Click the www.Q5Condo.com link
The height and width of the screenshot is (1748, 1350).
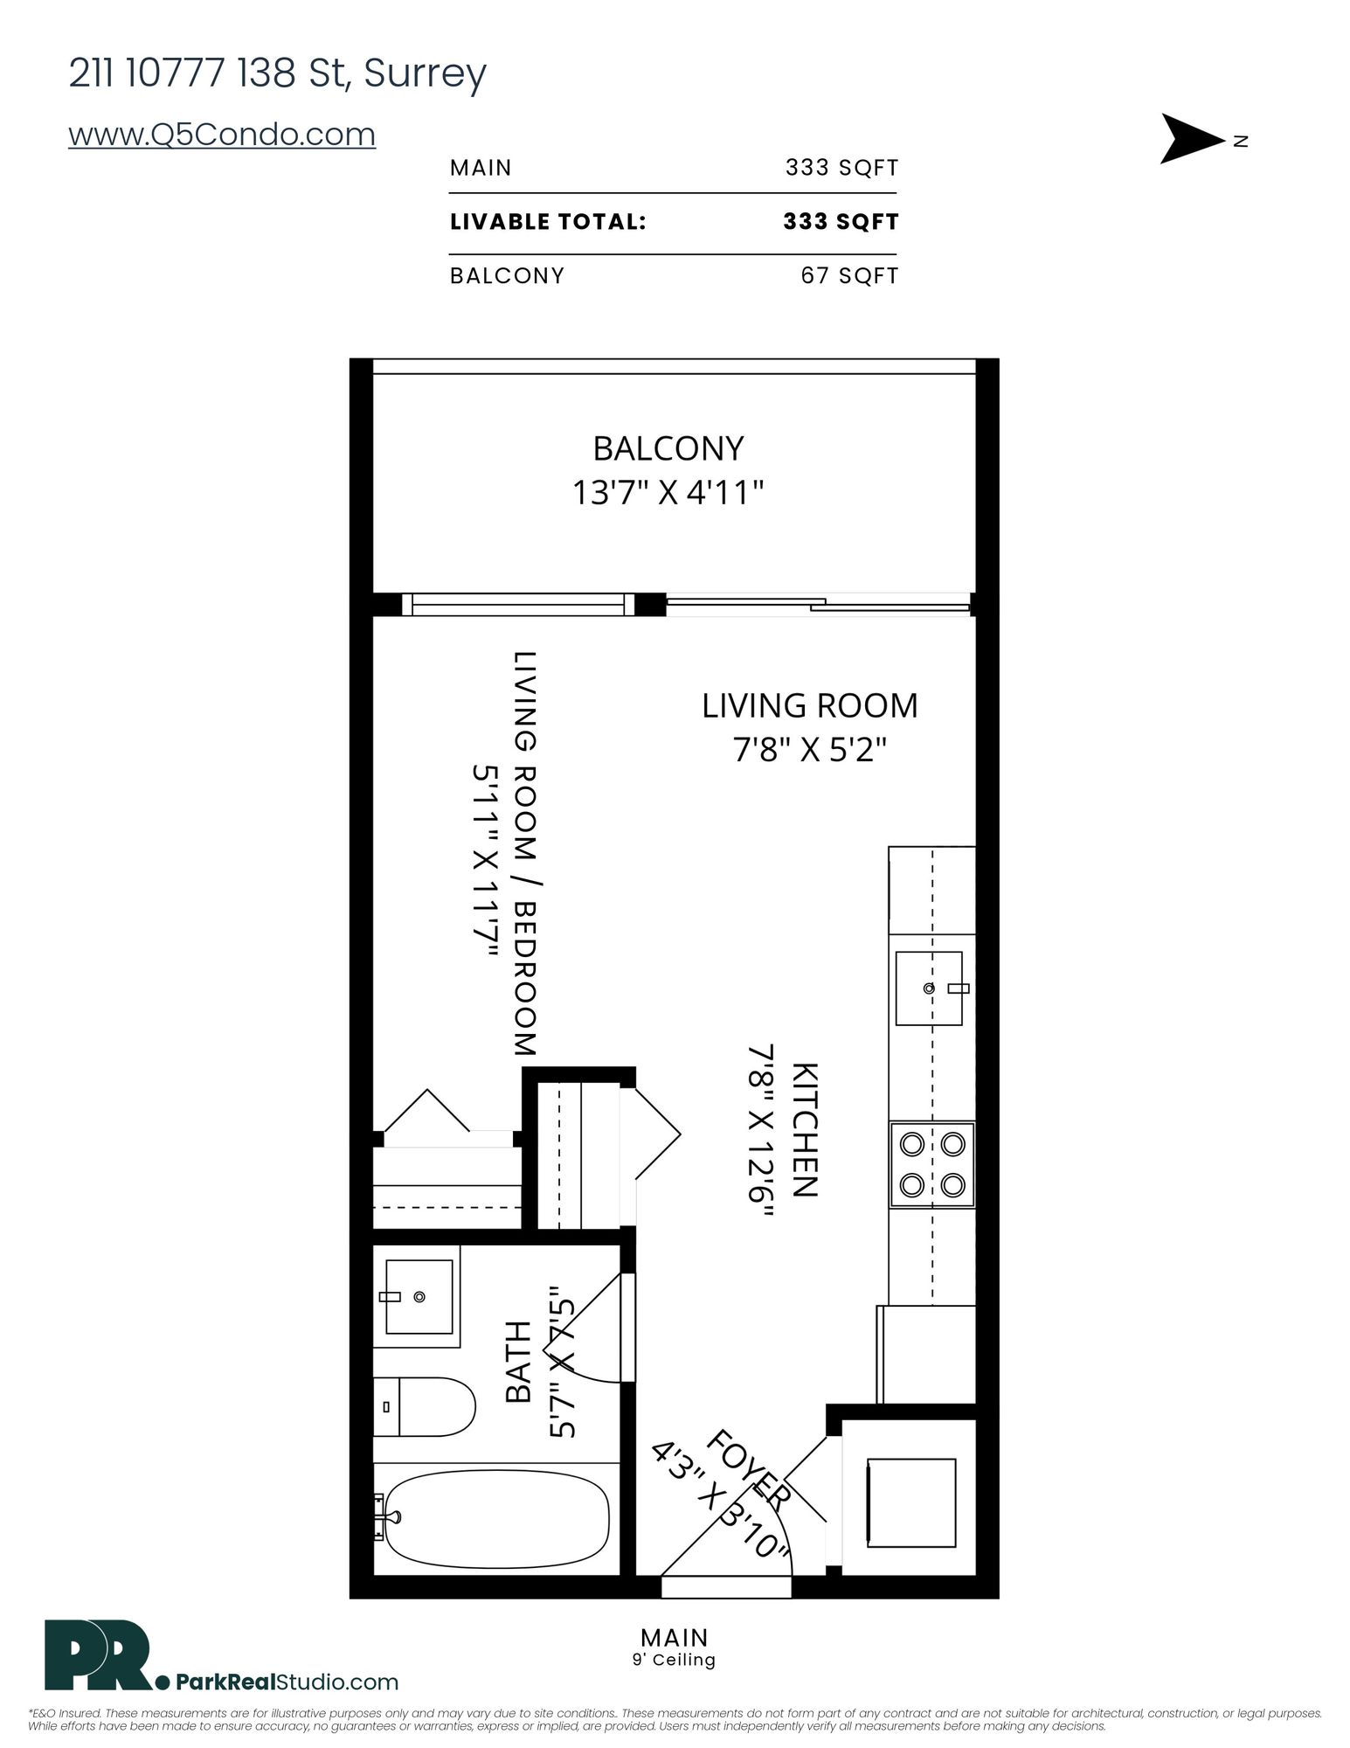coord(222,135)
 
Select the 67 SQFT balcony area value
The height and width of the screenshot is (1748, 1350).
coord(849,276)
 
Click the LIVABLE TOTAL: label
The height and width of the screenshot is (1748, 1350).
coord(548,222)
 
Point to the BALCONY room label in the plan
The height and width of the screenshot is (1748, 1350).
coord(668,448)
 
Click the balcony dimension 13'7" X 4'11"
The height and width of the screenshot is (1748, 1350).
coord(668,493)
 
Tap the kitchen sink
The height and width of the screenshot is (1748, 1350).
coord(929,988)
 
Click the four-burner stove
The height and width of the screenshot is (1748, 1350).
coord(932,1164)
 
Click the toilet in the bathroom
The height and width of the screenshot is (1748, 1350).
coord(425,1406)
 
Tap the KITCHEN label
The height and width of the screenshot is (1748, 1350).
coord(804,1130)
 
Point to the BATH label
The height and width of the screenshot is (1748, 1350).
coord(519,1362)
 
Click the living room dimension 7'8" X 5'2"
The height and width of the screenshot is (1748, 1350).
coord(810,750)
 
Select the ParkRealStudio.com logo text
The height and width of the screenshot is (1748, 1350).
coord(287,1682)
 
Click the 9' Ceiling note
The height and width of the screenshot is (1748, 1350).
coord(674,1660)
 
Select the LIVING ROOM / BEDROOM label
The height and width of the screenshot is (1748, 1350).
coord(524,854)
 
